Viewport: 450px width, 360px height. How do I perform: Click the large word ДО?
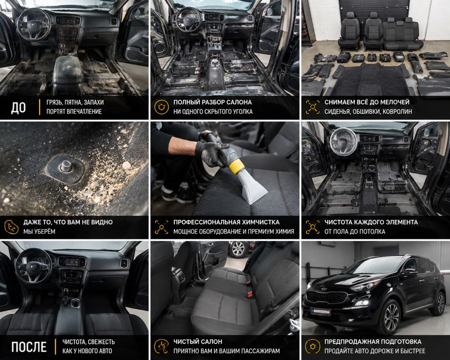coord(19,108)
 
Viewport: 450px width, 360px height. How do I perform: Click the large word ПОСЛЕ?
coord(29,347)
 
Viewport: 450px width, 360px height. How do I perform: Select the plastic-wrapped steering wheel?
coord(343,141)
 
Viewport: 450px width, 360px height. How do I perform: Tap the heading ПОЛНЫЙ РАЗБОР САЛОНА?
coord(212,102)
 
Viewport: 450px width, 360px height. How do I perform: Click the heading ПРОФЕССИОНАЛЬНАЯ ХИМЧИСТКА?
coord(227,222)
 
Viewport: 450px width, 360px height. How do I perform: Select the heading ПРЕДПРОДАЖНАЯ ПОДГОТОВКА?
coord(373,341)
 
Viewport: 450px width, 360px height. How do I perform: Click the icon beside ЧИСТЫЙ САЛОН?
coord(161,346)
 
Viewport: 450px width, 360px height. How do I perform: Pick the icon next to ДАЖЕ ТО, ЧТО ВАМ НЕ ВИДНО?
coord(11,227)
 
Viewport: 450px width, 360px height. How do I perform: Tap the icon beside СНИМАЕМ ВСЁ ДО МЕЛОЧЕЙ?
coord(313,107)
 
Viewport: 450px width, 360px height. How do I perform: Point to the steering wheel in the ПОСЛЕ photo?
coord(33,266)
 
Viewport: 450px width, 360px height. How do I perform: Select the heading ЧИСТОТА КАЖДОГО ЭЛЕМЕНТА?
coord(371,222)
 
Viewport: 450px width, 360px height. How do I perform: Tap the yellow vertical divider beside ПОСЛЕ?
coord(56,347)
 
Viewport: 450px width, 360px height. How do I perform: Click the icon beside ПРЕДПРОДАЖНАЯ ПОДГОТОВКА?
coord(313,346)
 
